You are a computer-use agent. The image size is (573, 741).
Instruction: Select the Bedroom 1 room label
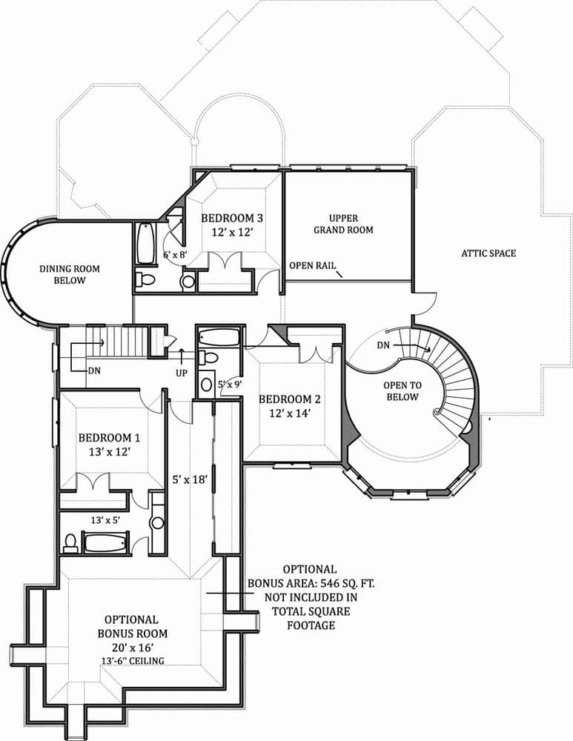[x=109, y=438]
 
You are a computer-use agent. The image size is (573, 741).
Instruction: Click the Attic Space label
[x=488, y=253]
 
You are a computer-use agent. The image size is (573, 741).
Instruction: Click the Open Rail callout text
[x=311, y=265]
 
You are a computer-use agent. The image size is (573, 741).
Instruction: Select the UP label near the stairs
[x=182, y=373]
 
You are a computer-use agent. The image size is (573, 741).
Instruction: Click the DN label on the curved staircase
[x=383, y=345]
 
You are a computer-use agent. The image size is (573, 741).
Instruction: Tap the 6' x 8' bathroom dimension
[x=176, y=255]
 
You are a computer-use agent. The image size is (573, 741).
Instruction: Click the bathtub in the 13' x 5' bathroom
[x=106, y=543]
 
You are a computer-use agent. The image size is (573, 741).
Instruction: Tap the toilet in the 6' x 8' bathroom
[x=145, y=279]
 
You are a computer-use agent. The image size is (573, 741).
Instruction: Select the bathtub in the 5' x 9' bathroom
[x=220, y=339]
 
